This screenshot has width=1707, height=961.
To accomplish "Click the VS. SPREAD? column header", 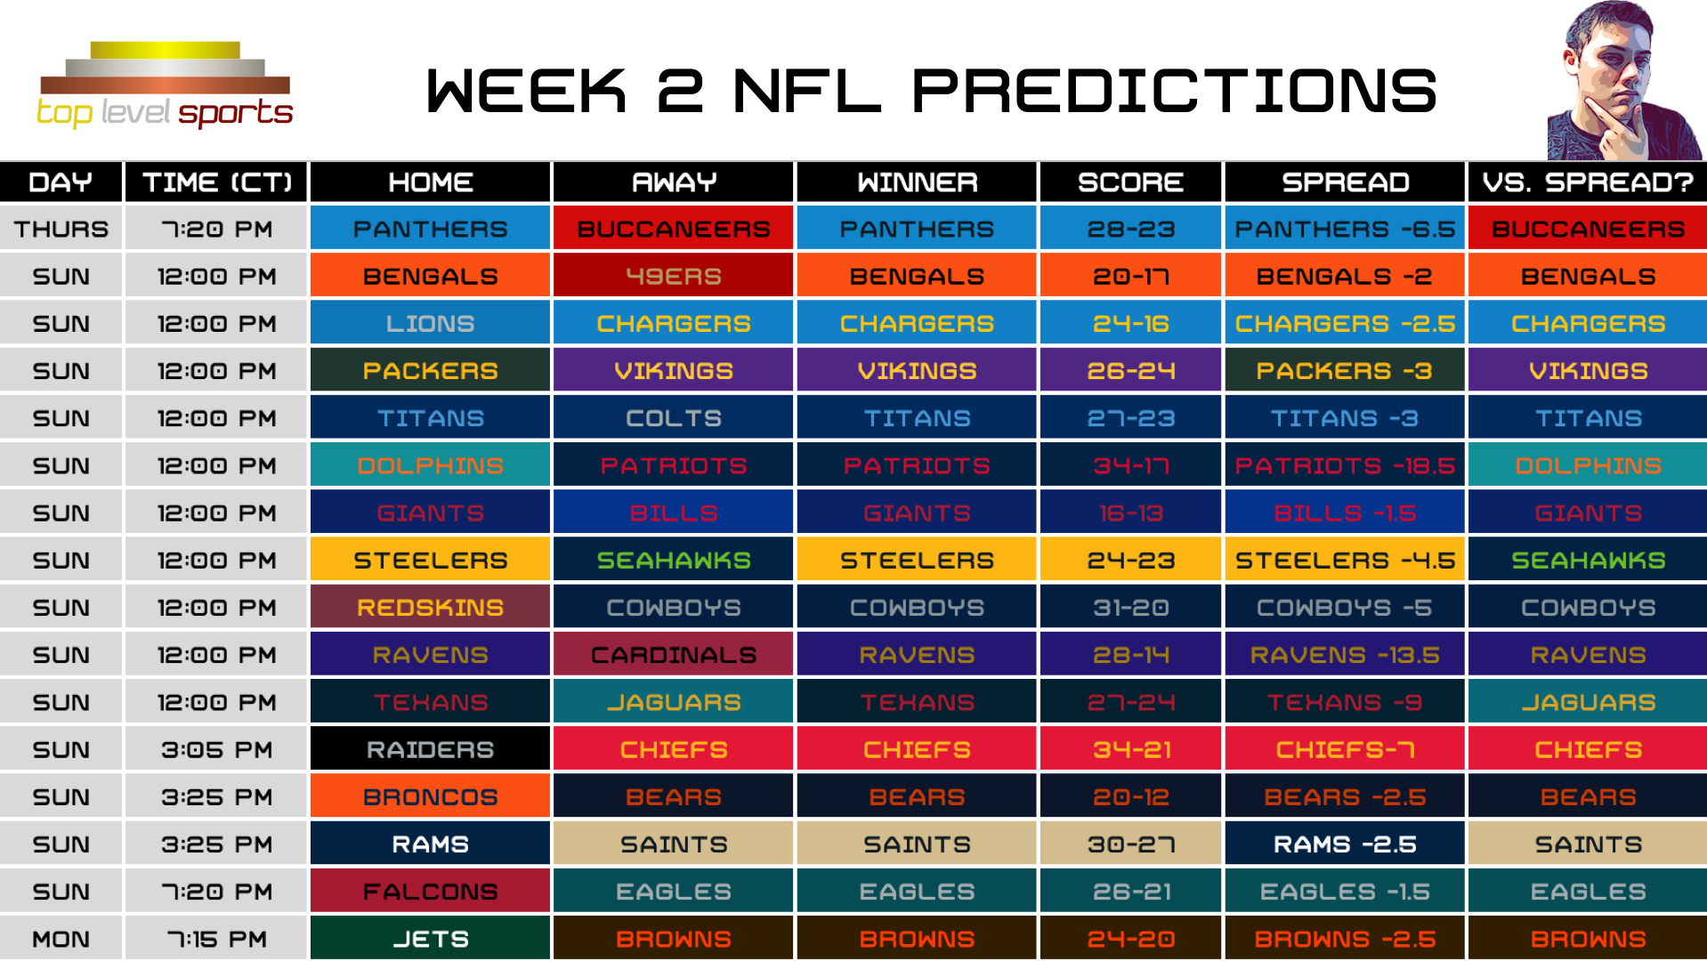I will [1588, 182].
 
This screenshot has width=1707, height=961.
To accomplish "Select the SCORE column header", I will [1130, 182].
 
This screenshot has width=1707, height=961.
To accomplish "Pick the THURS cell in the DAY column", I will [61, 230].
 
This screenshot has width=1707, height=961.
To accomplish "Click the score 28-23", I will [1130, 230].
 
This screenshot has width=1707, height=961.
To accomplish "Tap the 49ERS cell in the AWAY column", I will [673, 277].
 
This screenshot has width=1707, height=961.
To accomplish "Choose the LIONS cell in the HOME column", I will [430, 324].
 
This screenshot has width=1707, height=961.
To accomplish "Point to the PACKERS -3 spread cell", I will [1344, 371].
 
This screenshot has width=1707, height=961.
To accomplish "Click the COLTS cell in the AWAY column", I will [673, 418].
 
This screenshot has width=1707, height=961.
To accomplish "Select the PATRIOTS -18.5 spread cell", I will [1344, 465].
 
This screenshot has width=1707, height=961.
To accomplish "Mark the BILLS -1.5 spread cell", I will [1344, 513].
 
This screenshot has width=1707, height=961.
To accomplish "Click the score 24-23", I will [1130, 561].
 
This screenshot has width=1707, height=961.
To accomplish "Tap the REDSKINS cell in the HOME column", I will [430, 608].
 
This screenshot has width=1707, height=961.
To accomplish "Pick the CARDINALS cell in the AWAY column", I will [673, 655].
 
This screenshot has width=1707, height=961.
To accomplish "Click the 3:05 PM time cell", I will [216, 750].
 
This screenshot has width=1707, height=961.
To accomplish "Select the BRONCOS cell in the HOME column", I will [430, 797].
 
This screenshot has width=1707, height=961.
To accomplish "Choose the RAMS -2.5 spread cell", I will [1344, 844].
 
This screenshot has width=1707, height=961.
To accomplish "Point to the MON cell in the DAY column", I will [61, 939].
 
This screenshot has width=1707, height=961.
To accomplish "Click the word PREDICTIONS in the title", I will [1174, 91].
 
